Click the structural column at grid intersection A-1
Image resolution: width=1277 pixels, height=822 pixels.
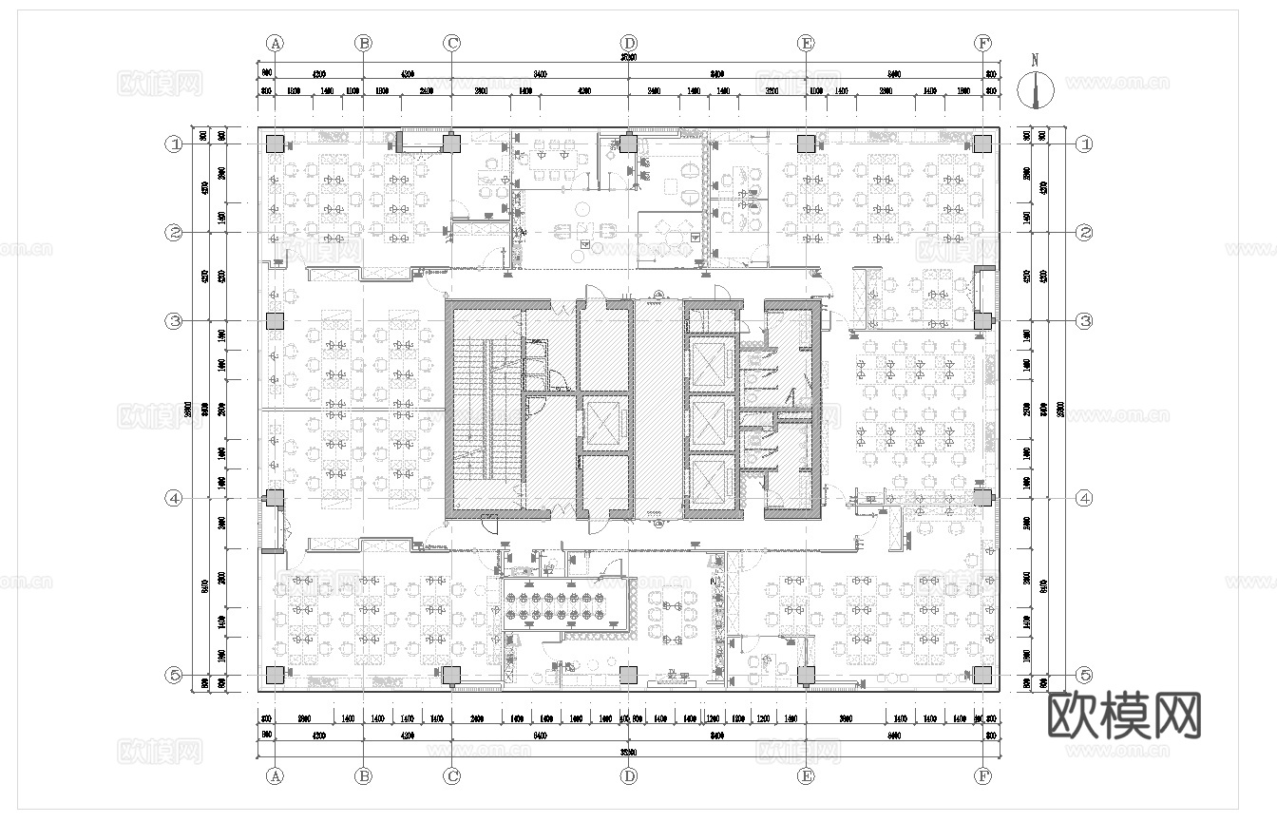[x=275, y=144]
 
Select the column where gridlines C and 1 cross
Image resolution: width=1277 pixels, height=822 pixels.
[x=451, y=144]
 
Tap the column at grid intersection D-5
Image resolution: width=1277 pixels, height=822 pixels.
[x=628, y=675]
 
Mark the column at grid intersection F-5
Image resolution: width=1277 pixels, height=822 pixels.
[x=983, y=675]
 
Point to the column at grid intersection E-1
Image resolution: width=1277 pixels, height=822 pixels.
[x=806, y=144]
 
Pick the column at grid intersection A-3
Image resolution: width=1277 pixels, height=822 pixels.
[x=275, y=321]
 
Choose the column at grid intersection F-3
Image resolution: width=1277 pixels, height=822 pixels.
[x=983, y=321]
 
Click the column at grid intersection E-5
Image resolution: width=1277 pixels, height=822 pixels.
[x=806, y=675]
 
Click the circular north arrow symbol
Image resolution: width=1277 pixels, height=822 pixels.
[x=1036, y=89]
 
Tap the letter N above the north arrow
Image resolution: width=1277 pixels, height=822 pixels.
[x=1036, y=59]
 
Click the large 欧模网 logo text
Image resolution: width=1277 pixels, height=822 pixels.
[x=1124, y=715]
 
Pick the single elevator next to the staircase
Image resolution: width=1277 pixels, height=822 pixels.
[x=602, y=423]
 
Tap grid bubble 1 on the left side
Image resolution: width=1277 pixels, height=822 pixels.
[x=174, y=144]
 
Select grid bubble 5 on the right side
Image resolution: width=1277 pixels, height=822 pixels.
[x=1084, y=675]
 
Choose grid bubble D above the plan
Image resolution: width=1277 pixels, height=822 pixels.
[x=629, y=43]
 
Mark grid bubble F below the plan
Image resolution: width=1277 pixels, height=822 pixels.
[x=983, y=775]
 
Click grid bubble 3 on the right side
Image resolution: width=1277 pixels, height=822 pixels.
[x=1084, y=321]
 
